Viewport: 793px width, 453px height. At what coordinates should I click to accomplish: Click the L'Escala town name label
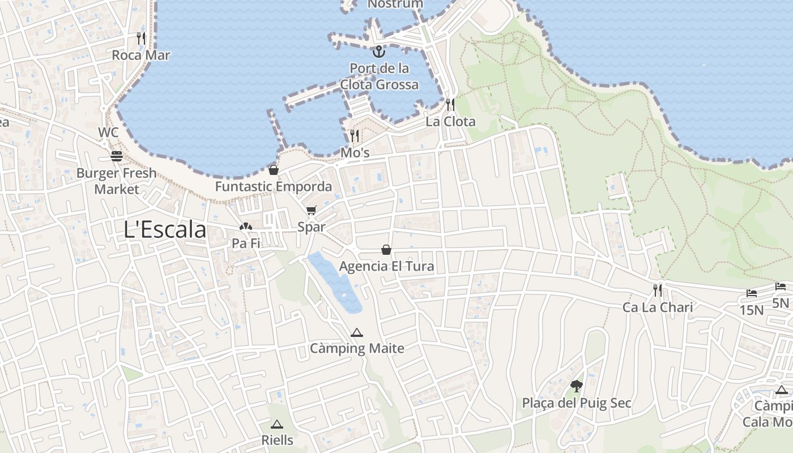[x=165, y=229]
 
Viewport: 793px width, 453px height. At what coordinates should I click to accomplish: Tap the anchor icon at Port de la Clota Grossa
[x=378, y=52]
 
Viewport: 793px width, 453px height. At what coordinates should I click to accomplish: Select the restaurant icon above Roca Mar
[x=141, y=39]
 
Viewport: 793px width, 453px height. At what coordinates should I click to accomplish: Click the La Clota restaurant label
[x=450, y=121]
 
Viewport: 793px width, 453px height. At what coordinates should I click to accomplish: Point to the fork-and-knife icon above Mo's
[x=355, y=136]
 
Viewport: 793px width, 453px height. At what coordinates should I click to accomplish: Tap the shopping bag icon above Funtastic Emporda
[x=274, y=170]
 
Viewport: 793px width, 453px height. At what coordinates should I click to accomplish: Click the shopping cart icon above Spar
[x=311, y=211]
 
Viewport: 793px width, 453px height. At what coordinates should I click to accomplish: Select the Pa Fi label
[x=246, y=243]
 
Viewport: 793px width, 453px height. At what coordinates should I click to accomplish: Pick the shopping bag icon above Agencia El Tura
[x=386, y=250]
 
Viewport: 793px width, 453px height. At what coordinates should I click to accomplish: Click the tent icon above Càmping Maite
[x=356, y=332]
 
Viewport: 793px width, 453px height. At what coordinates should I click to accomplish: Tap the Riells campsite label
[x=277, y=440]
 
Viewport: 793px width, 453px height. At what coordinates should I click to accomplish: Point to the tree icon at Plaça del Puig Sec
[x=577, y=387]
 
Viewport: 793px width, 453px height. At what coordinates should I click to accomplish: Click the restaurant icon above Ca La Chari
[x=658, y=290]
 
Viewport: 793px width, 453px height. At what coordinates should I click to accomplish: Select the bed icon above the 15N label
[x=752, y=293]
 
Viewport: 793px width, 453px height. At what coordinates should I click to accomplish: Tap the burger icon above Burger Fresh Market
[x=117, y=156]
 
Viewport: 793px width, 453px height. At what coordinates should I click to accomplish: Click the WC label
[x=108, y=133]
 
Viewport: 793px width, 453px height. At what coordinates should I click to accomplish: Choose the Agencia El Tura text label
[x=386, y=266]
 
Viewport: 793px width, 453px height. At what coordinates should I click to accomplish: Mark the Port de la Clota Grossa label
[x=379, y=76]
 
